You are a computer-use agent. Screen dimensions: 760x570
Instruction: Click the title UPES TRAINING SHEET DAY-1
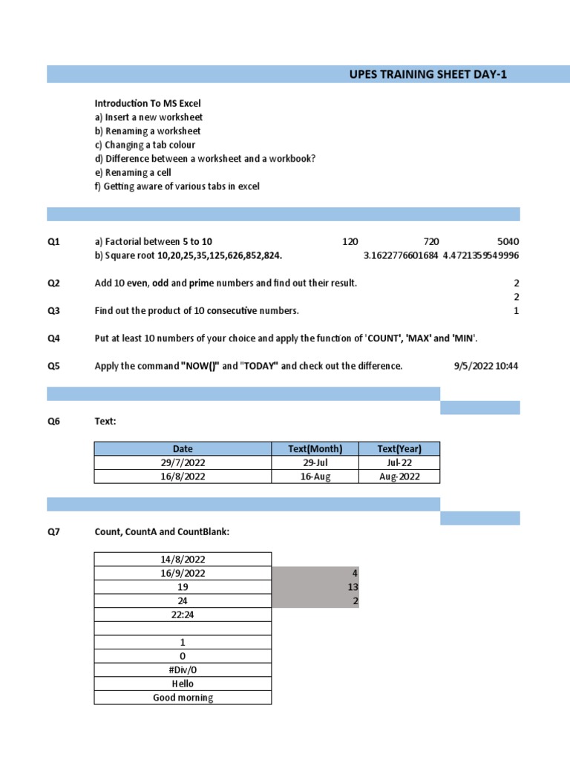point(428,74)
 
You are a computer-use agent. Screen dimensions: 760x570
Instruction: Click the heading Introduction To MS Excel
point(148,103)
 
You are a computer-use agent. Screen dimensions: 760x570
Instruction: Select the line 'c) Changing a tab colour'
point(145,145)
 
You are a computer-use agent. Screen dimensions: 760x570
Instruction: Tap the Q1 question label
point(54,242)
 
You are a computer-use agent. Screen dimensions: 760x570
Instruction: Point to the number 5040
point(508,242)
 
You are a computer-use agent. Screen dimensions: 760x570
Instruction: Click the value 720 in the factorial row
point(431,242)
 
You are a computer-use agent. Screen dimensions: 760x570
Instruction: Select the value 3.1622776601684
point(401,255)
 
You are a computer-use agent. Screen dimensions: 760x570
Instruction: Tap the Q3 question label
point(54,311)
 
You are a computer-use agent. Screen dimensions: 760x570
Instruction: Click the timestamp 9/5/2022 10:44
point(486,366)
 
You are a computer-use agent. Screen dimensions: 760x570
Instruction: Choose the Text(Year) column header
point(399,449)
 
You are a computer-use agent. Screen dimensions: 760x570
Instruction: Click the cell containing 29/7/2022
point(183,462)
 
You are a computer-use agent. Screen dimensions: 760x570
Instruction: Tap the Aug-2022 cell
point(399,476)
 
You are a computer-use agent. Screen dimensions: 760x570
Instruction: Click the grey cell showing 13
point(315,587)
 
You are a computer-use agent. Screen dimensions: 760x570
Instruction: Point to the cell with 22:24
point(183,615)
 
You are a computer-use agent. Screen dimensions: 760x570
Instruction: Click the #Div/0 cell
point(183,670)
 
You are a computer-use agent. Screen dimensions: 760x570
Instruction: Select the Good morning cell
point(183,698)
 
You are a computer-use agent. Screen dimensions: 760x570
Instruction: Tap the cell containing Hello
point(183,684)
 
